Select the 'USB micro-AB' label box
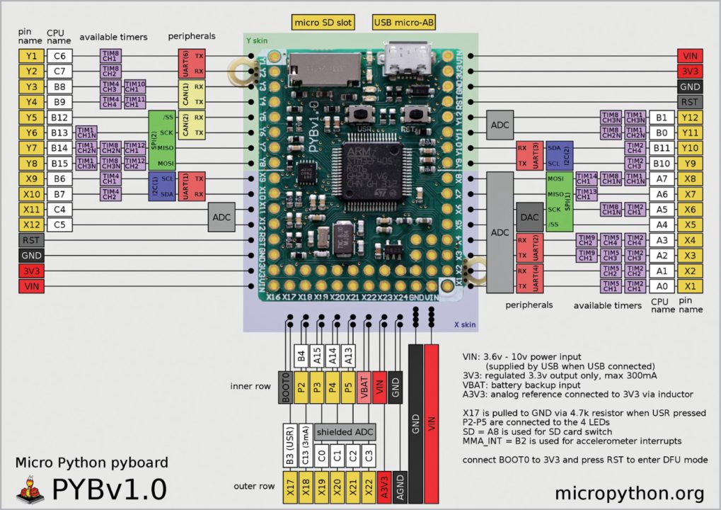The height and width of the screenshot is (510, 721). tap(404, 23)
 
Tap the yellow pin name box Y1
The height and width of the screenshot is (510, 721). tap(30, 56)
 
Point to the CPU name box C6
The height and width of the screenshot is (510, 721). tap(59, 56)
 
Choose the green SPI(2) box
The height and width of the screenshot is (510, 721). tap(154, 140)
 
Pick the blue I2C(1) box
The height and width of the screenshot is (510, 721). tap(154, 186)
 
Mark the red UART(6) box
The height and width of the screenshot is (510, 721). tap(184, 64)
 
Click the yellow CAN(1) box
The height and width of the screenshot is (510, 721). tap(184, 94)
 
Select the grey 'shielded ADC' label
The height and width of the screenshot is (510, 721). tap(345, 432)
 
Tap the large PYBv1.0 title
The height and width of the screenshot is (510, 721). tap(110, 489)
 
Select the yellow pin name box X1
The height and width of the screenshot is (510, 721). tap(691, 286)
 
